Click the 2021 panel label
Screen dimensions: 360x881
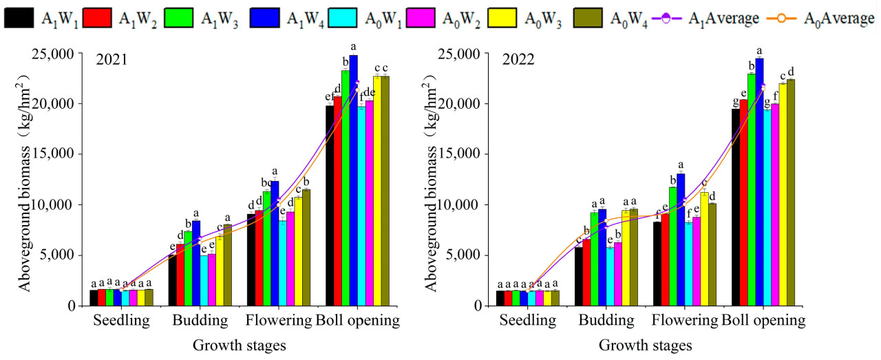tap(111, 60)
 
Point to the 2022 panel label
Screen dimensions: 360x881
tap(517, 60)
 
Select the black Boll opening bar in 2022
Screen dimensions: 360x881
tap(736, 207)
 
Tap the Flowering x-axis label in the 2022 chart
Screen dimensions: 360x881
tap(684, 321)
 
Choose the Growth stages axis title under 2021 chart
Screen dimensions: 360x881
tap(239, 345)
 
